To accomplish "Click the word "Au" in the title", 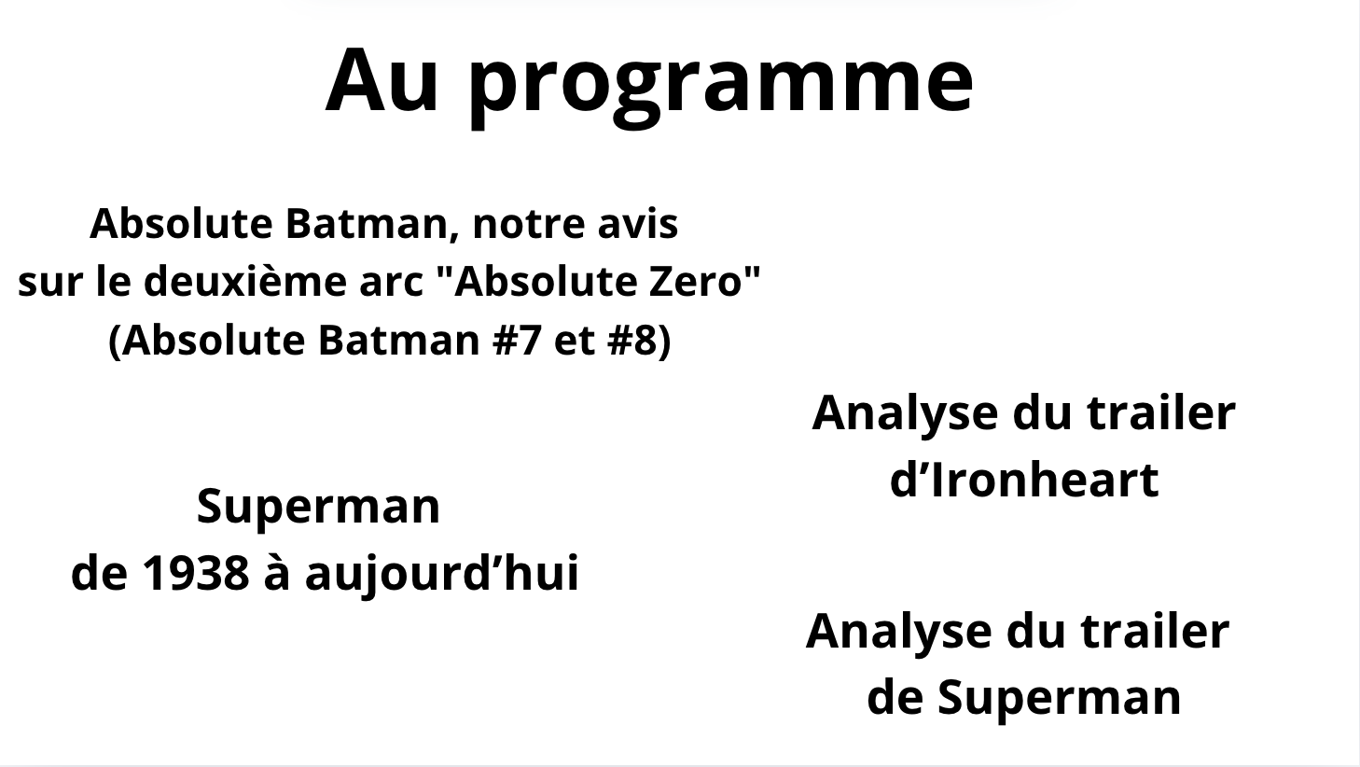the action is coord(382,81).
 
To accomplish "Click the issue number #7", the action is coord(517,340).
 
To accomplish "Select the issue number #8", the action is coord(632,340).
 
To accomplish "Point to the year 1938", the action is coord(196,573).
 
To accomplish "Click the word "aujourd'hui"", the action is coord(441,575).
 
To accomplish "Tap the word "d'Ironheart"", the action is coord(1024,481).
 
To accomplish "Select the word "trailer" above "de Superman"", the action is coord(1155,632).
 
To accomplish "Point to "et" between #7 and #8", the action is coord(574,342).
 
